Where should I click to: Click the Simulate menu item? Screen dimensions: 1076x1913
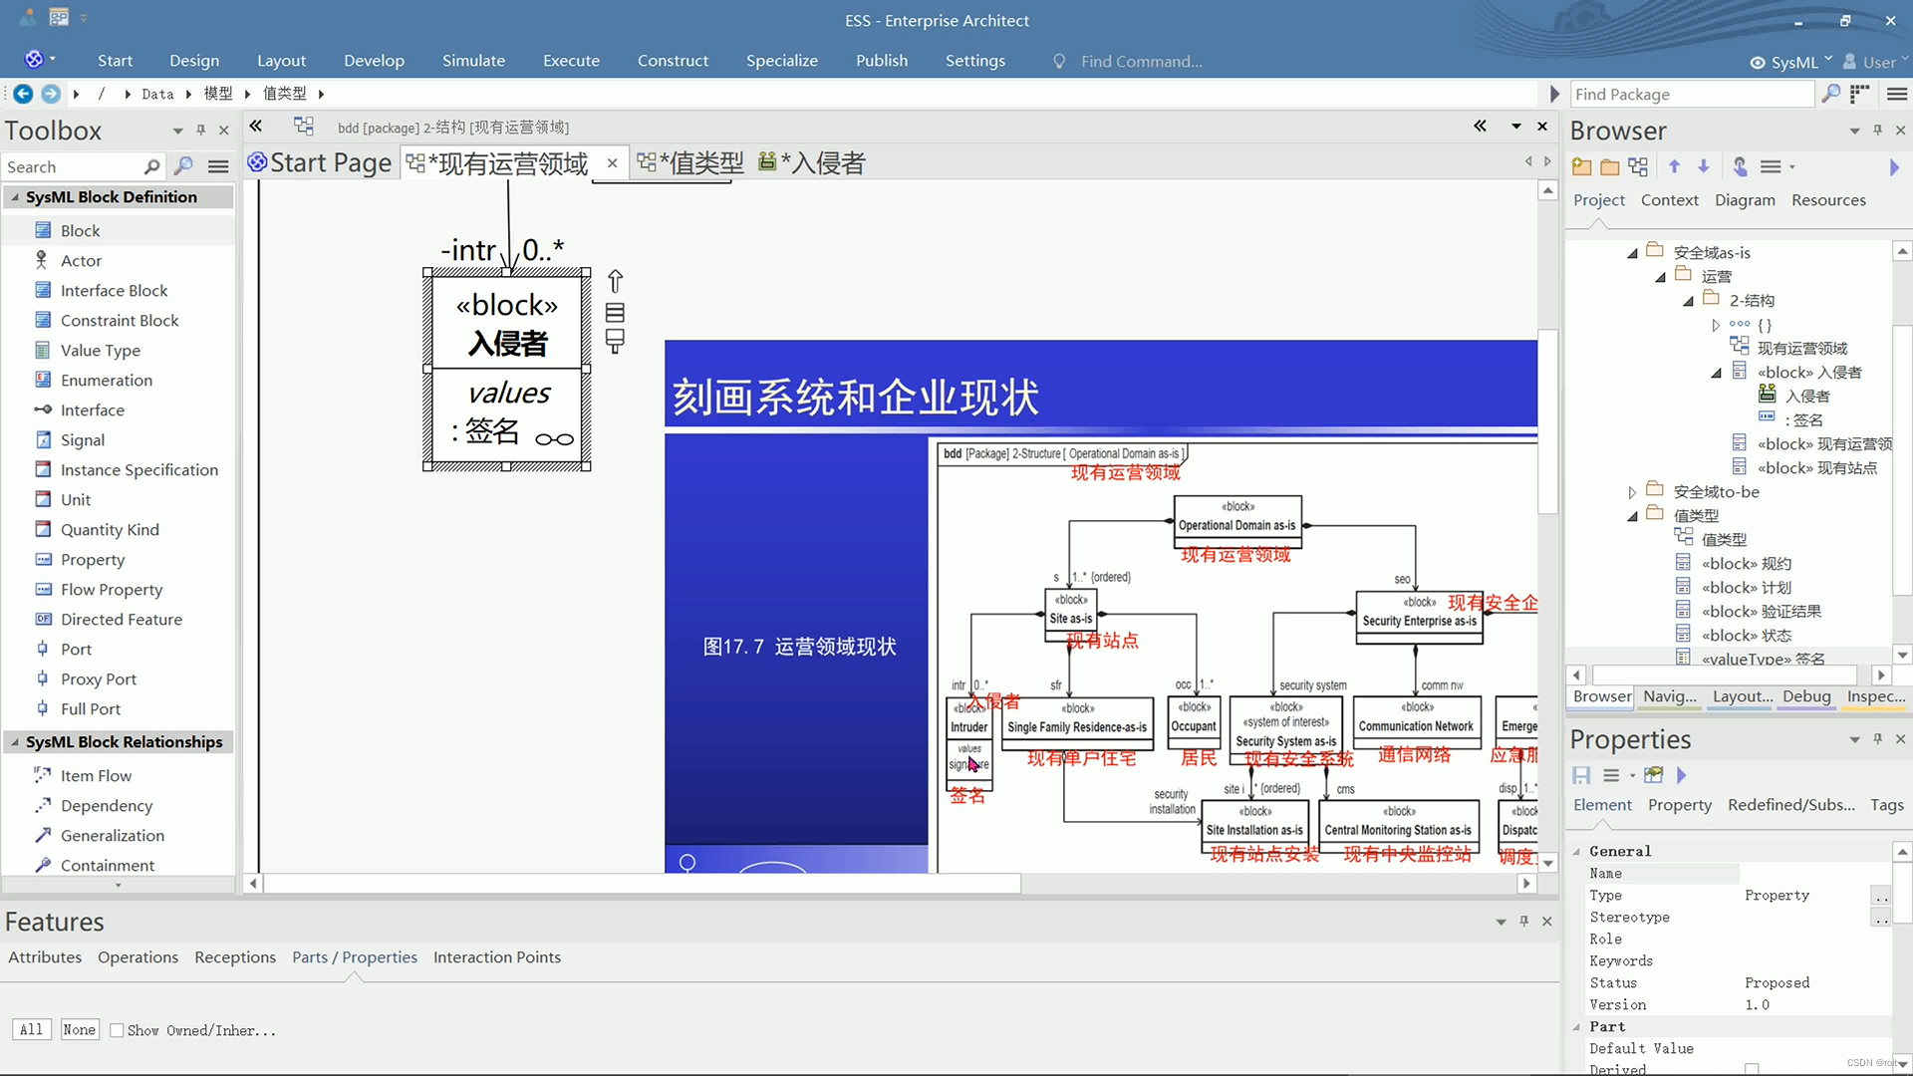click(473, 61)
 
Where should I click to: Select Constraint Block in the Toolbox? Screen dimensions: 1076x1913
click(120, 320)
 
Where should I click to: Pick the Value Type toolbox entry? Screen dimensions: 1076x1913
click(100, 350)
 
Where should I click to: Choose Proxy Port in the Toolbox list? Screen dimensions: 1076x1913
click(98, 678)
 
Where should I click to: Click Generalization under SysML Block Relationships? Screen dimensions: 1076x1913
click(112, 835)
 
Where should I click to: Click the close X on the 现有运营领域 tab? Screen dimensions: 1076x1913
click(612, 163)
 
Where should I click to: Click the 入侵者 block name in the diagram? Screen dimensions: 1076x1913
click(507, 344)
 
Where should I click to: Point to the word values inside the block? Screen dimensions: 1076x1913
click(509, 393)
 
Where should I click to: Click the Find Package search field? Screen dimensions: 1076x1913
click(1690, 94)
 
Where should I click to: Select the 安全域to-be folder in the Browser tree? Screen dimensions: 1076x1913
click(1716, 491)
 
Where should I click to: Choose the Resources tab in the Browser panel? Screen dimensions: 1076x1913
click(1828, 200)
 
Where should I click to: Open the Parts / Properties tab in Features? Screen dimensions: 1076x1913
click(354, 957)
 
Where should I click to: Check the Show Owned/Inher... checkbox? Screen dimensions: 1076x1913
click(117, 1030)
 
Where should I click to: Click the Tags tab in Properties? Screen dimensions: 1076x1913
click(1886, 805)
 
